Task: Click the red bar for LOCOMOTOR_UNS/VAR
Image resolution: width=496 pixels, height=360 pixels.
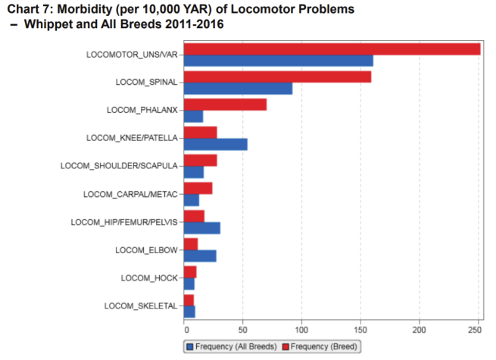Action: pos(332,49)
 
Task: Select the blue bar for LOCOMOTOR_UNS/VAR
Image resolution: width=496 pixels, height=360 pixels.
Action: pos(278,61)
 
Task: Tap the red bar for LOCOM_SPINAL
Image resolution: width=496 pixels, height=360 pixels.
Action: pos(277,77)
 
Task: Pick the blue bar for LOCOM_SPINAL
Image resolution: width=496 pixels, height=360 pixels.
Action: pos(238,89)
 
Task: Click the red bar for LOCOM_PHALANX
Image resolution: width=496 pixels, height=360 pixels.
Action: pos(225,105)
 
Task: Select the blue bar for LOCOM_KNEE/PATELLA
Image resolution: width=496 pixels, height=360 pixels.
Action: pos(215,144)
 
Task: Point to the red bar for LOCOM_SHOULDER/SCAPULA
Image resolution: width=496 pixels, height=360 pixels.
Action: pos(201,160)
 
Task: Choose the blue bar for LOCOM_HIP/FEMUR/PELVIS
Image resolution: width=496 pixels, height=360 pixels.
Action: pos(202,227)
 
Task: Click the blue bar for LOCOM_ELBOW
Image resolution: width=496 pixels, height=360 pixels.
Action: pos(200,255)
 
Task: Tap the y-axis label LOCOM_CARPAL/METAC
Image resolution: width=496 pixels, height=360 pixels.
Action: pos(130,194)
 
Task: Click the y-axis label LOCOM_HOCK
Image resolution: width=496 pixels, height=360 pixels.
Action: pos(149,278)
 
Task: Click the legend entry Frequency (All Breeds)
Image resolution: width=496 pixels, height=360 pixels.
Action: pos(232,346)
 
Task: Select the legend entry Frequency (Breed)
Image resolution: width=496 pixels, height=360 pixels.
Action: pos(321,346)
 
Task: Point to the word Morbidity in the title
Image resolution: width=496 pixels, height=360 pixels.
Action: pos(89,8)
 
